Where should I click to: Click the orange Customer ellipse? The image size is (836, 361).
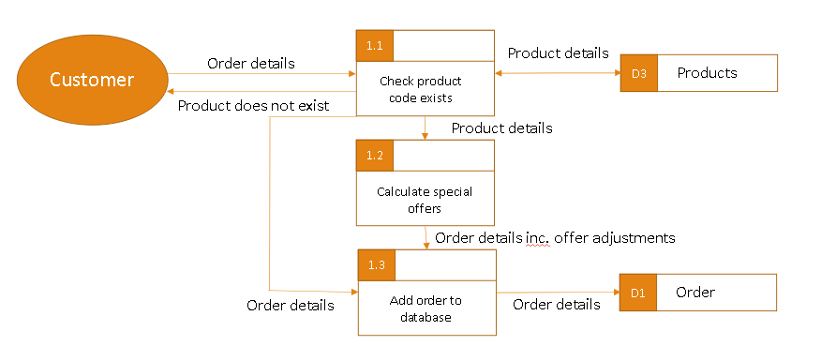[92, 80]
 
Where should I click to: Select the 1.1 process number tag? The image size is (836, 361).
[375, 45]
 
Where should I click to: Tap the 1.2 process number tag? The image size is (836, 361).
[375, 155]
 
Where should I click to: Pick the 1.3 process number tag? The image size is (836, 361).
[377, 265]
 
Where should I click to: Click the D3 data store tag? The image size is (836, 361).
[638, 73]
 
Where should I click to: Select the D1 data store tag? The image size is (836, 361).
[638, 293]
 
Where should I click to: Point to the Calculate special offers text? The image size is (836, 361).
[425, 200]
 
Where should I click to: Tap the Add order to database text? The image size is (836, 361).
[425, 308]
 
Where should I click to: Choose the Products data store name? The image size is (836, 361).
[707, 73]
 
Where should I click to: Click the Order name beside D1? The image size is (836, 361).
[695, 293]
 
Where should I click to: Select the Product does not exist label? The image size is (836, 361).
[253, 105]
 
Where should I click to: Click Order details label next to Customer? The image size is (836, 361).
[250, 64]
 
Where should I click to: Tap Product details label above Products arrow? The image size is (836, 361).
[558, 53]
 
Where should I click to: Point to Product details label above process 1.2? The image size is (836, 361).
[501, 128]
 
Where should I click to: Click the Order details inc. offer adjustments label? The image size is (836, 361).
[555, 238]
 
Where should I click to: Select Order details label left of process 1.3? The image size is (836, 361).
[290, 305]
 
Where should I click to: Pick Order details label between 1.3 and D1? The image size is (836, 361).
[557, 304]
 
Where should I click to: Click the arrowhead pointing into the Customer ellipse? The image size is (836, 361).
[171, 92]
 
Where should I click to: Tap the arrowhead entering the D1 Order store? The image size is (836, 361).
[615, 293]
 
